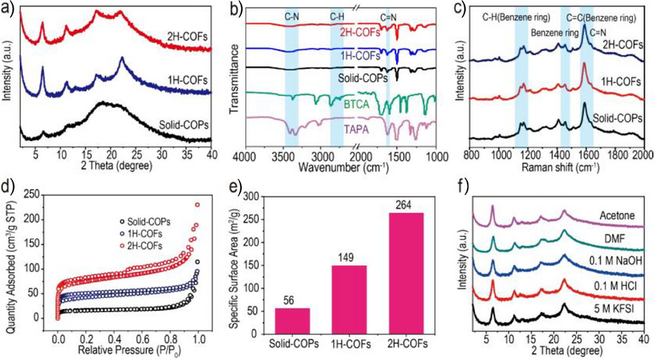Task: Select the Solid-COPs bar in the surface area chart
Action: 292,320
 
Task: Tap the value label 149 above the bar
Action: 348,257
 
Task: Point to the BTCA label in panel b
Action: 358,103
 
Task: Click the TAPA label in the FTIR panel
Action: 358,130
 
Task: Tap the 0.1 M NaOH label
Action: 609,261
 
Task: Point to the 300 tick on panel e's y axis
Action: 252,196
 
